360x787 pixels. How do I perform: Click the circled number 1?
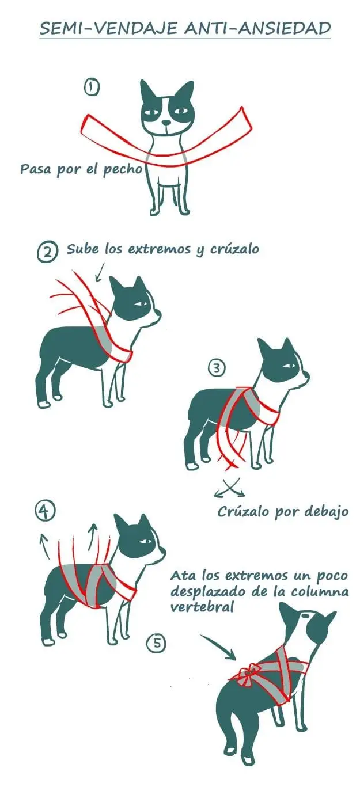point(92,88)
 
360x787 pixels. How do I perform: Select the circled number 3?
point(217,368)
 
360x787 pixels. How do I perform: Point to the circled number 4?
point(45,512)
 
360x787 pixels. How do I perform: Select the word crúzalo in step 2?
point(234,249)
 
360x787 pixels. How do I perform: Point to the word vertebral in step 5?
point(202,607)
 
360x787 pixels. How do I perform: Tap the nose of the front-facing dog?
point(166,123)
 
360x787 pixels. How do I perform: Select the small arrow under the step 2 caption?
point(100,272)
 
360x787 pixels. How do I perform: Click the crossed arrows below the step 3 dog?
point(230,487)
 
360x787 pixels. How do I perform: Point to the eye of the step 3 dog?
point(291,366)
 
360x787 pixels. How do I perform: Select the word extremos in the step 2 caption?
point(160,249)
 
